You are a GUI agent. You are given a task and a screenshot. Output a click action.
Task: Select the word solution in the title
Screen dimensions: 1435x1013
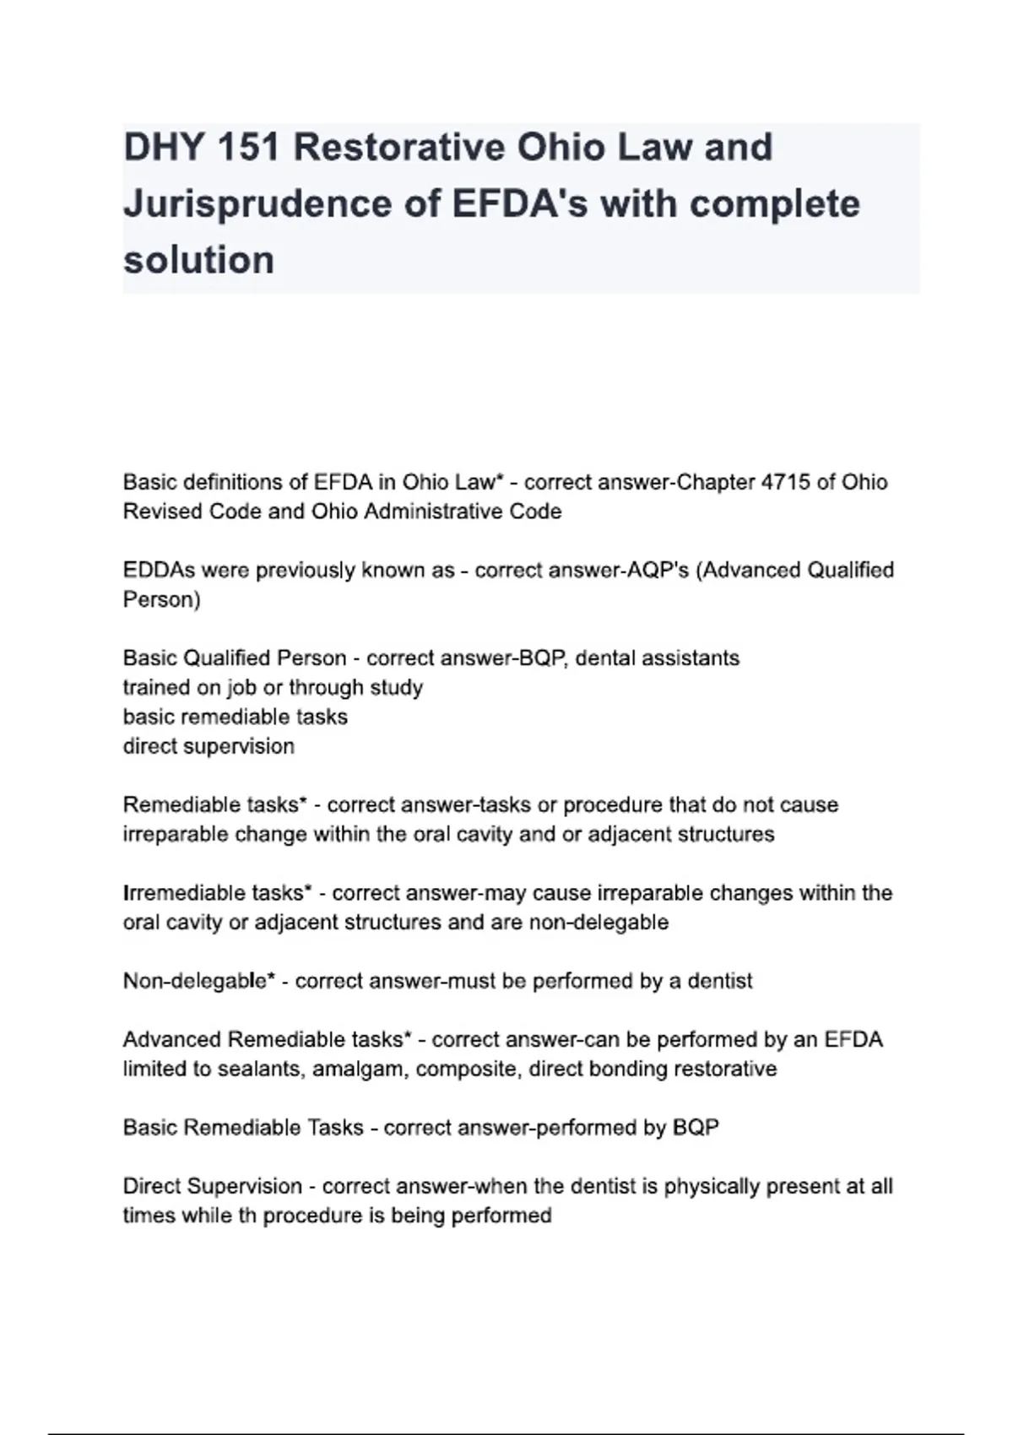click(199, 260)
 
